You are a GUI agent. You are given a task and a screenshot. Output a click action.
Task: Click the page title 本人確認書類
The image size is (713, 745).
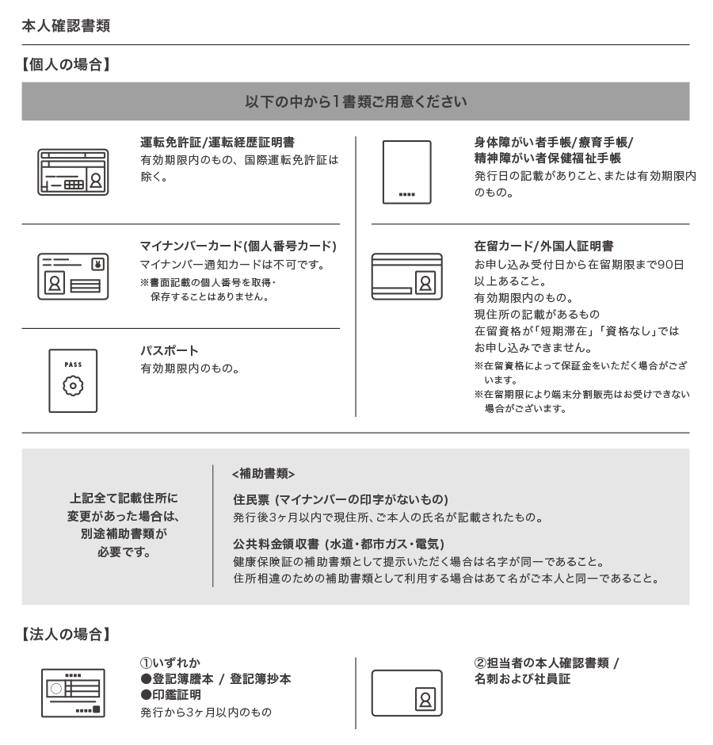pyautogui.click(x=66, y=25)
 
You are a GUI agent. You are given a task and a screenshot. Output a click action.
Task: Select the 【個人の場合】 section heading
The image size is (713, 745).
pyautogui.click(x=66, y=65)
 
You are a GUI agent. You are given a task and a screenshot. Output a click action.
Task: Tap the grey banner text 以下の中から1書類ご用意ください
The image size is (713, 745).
pyautogui.click(x=356, y=101)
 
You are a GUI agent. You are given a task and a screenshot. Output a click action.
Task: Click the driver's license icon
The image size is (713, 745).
pyautogui.click(x=73, y=172)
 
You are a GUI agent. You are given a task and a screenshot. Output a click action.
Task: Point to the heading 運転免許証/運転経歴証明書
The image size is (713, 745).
pyautogui.click(x=217, y=143)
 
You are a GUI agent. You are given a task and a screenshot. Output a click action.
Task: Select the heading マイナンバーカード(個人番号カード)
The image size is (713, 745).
pyautogui.click(x=238, y=246)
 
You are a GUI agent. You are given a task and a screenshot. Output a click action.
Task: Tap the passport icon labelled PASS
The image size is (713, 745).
pyautogui.click(x=73, y=380)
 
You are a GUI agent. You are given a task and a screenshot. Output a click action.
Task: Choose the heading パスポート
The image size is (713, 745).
pyautogui.click(x=170, y=350)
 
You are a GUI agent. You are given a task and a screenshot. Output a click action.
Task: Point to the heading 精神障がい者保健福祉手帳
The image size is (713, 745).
pyautogui.click(x=547, y=159)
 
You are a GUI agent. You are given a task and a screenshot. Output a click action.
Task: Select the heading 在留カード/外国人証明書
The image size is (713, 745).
pyautogui.click(x=543, y=246)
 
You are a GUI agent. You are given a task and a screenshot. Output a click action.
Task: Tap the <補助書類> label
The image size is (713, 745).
pyautogui.click(x=264, y=473)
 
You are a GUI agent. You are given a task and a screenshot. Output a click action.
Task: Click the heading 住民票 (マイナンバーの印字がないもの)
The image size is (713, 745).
pyautogui.click(x=341, y=499)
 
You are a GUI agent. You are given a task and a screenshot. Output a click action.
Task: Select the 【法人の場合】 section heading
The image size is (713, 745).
pyautogui.click(x=66, y=634)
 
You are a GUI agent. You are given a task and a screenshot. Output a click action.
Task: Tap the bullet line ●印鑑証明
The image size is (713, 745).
pyautogui.click(x=170, y=694)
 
